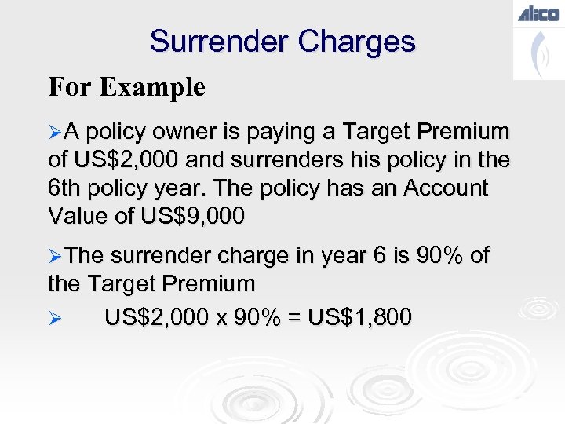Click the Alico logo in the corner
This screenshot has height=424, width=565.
538,13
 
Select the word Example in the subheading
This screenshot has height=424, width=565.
152,86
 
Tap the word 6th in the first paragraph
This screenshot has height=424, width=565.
65,188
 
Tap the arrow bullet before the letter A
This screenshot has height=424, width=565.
54,131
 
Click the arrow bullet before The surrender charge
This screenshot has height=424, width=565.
54,255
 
